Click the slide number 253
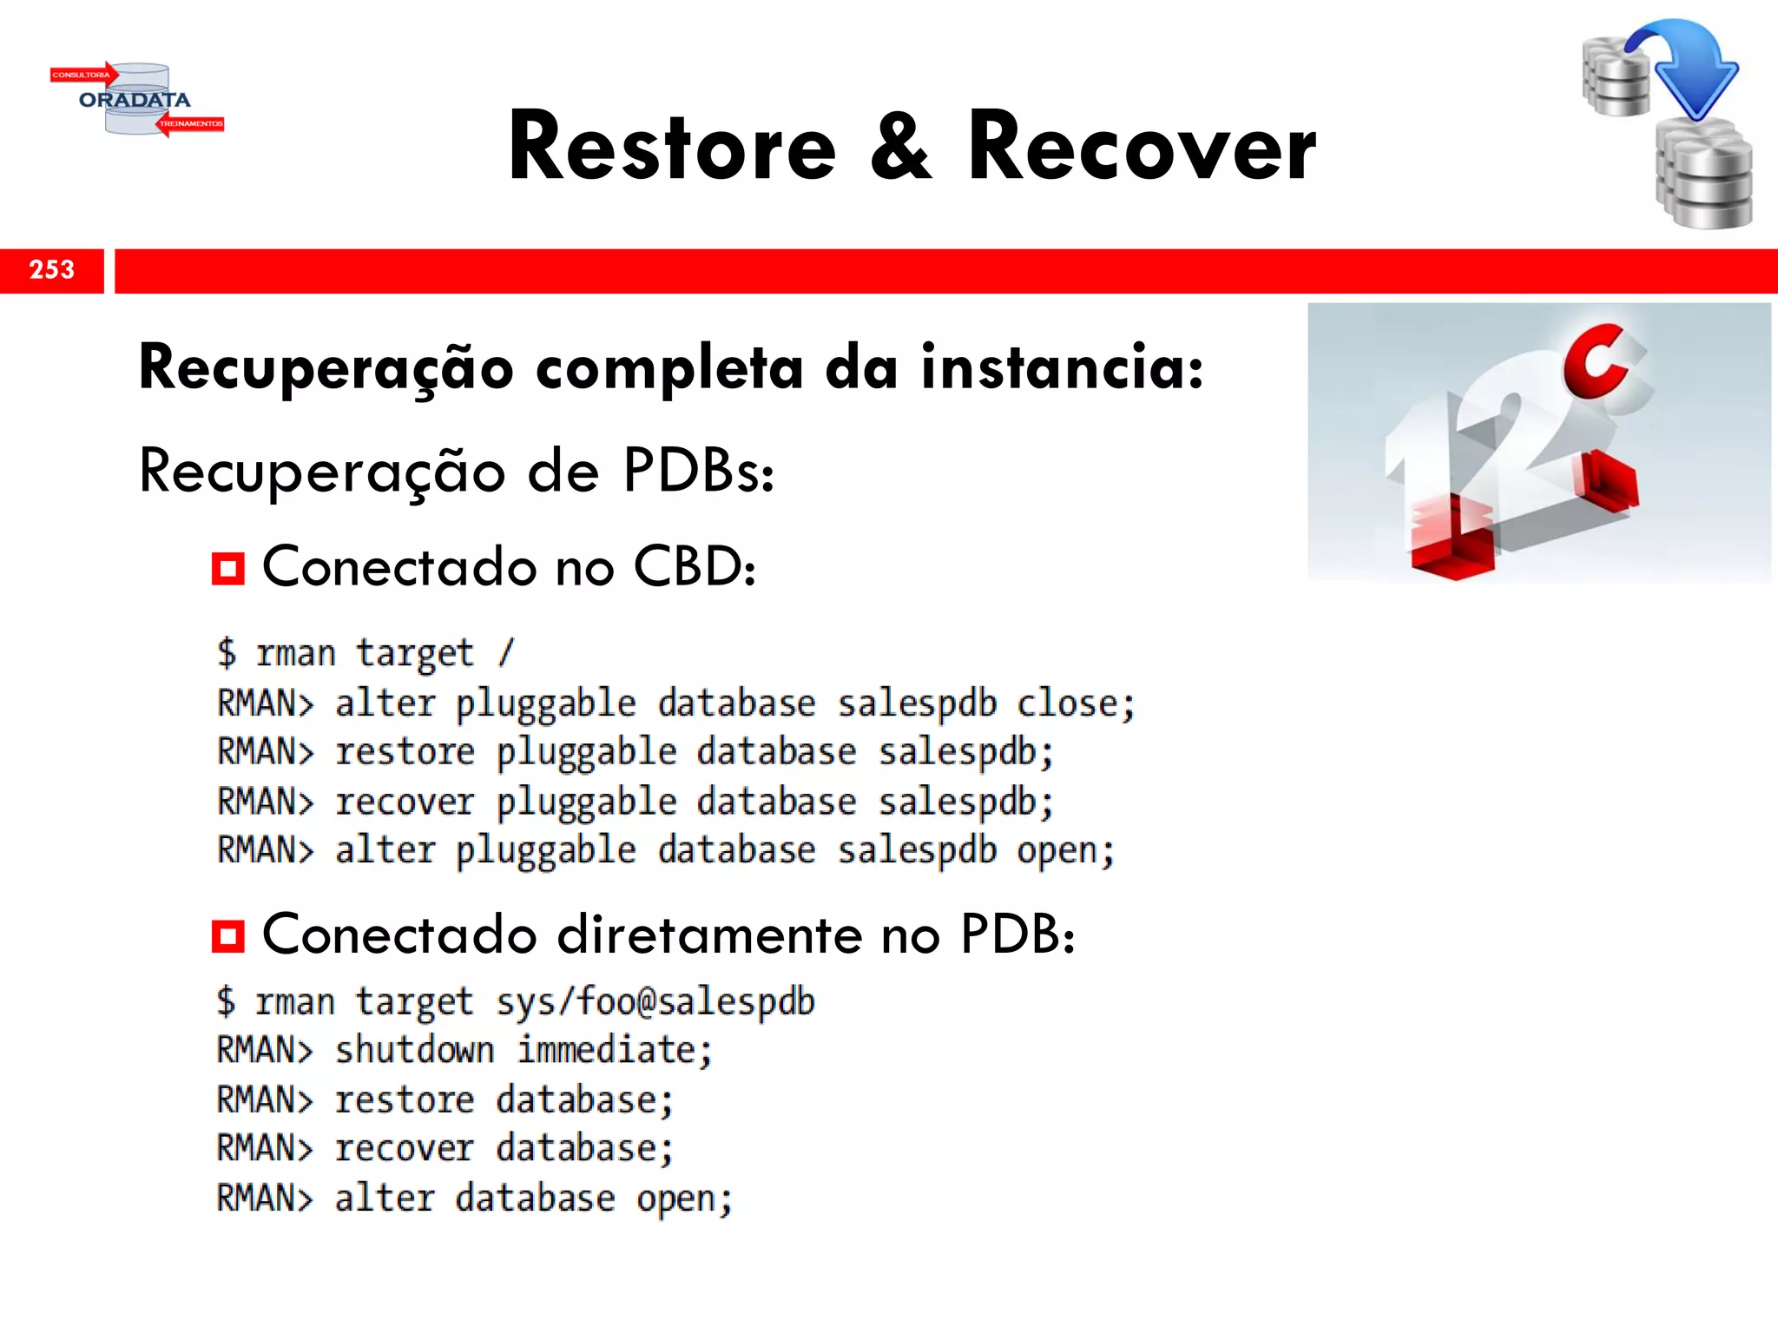tap(52, 270)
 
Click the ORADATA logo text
tap(135, 100)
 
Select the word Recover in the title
tap(1142, 148)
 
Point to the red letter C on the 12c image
tap(1596, 361)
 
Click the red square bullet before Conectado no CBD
tap(228, 569)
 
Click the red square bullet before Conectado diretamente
tap(228, 937)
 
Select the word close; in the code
tap(1076, 703)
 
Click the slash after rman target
tap(506, 652)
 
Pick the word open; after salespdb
tap(1066, 851)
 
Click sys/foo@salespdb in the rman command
tap(655, 1001)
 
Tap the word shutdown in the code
tap(415, 1050)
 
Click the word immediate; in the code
tap(615, 1050)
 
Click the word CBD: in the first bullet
tap(695, 567)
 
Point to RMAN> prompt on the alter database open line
tap(264, 1199)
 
